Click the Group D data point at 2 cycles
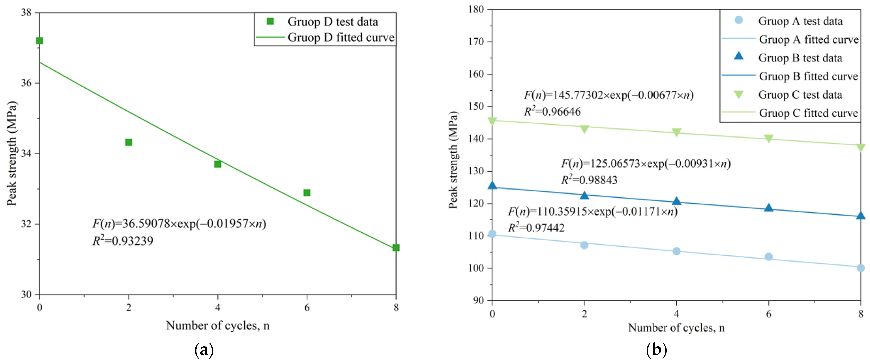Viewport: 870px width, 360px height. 129,142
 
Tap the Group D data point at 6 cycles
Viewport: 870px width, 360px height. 307,193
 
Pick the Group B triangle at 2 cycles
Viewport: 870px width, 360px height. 584,195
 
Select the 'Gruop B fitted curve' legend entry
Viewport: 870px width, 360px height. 808,76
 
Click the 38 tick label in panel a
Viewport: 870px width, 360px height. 26,12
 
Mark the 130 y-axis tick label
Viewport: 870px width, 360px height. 476,171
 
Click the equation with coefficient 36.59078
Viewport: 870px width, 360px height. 179,223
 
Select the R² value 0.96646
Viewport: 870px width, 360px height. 552,111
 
